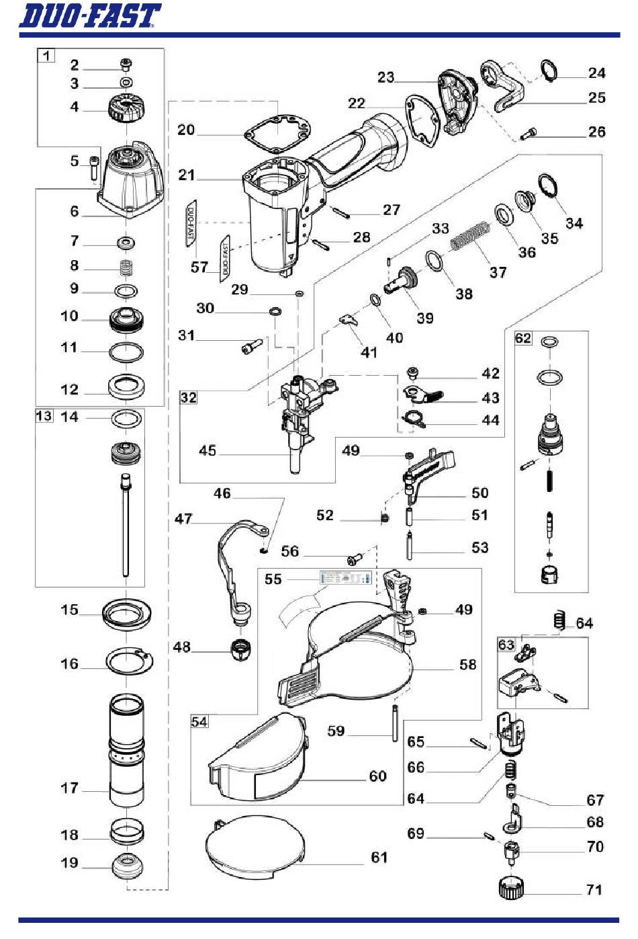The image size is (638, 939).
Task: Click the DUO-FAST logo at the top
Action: tap(89, 16)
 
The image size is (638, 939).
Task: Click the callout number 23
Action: tap(385, 77)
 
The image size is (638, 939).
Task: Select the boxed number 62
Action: tap(523, 338)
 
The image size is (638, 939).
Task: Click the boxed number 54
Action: tap(199, 722)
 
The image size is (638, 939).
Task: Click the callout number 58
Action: tap(467, 664)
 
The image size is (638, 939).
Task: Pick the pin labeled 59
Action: tap(394, 723)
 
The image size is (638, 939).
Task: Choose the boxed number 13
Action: tap(44, 416)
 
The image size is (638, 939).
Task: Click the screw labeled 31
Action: tap(248, 348)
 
